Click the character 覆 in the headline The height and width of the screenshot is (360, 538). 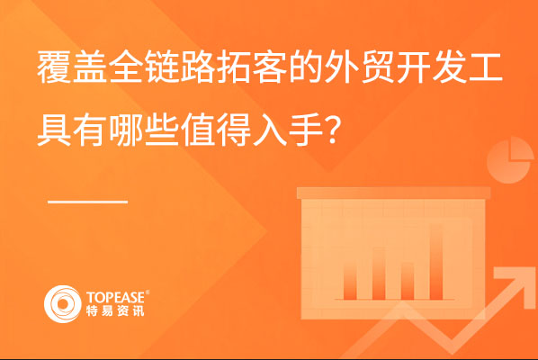click(x=54, y=67)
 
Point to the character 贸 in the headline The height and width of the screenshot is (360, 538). click(x=379, y=67)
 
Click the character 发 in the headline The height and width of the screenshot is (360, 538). click(x=450, y=67)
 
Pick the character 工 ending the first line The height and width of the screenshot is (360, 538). click(x=486, y=67)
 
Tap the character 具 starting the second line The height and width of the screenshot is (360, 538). click(x=54, y=130)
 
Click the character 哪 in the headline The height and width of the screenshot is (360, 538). click(x=126, y=130)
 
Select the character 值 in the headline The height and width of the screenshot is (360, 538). click(x=198, y=130)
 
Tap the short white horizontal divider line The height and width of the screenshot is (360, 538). click(x=88, y=202)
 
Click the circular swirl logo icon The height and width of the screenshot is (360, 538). click(x=63, y=303)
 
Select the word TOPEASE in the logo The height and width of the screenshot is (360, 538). click(x=116, y=297)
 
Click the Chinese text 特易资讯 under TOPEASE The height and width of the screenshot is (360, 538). click(x=115, y=310)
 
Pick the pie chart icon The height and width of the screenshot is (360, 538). click(x=509, y=160)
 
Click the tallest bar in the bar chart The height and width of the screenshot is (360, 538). click(x=435, y=262)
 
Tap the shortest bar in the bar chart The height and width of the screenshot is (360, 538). click(x=408, y=281)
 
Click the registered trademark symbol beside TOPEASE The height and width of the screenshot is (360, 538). click(x=148, y=292)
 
